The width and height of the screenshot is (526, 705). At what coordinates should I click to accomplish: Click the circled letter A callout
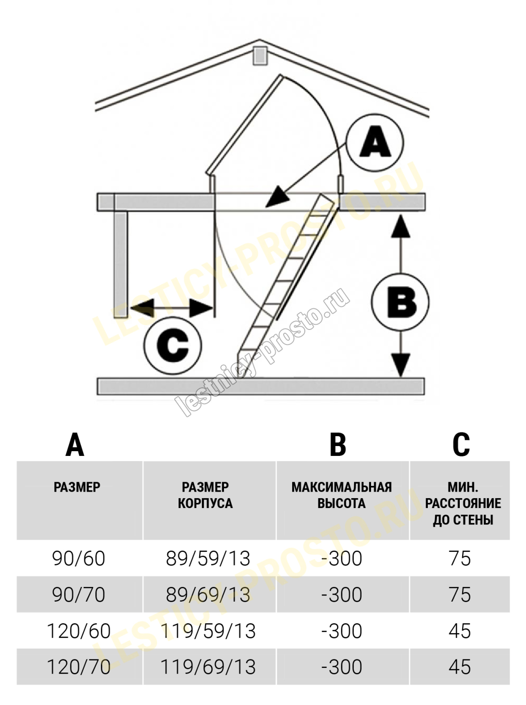point(375,141)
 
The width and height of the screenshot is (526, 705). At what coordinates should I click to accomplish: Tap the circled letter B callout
point(400,301)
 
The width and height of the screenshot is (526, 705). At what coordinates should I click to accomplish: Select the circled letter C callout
point(172,345)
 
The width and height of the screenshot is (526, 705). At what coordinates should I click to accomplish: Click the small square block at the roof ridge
point(259,55)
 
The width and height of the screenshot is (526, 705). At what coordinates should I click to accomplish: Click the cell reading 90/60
point(79,558)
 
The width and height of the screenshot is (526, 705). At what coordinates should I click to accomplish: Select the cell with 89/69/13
point(208,595)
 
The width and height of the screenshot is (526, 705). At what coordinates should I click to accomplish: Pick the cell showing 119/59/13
point(208,631)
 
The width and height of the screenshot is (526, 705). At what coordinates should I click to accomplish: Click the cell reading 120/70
point(79,666)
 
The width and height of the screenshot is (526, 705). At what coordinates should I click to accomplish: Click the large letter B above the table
point(338,443)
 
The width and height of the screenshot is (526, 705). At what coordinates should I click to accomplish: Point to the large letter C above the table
point(461,443)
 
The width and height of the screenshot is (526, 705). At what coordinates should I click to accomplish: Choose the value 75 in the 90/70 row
point(459,595)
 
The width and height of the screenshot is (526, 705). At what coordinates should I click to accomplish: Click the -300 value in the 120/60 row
point(341,631)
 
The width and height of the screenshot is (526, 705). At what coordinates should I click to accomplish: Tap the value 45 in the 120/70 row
point(459,666)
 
